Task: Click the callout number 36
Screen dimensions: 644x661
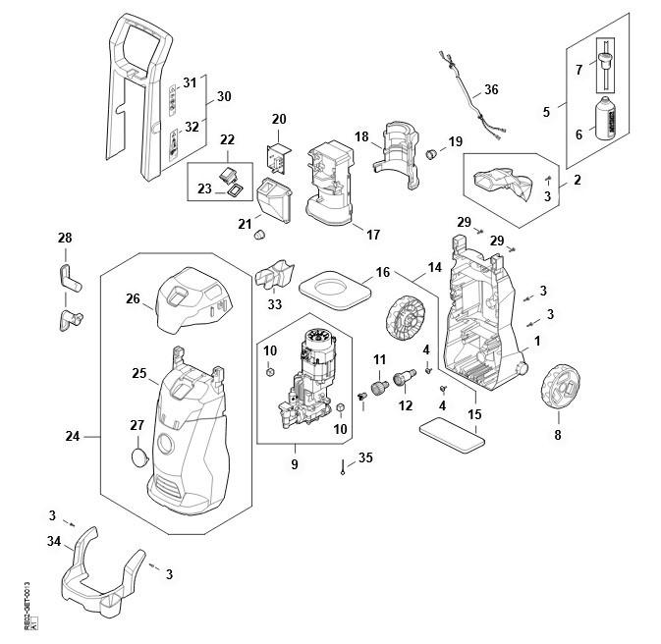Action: pos(491,89)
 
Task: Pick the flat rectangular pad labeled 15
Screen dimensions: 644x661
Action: pos(453,434)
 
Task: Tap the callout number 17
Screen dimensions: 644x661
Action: pos(372,234)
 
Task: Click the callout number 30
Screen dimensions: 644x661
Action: pos(223,96)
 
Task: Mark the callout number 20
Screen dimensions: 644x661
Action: pos(279,119)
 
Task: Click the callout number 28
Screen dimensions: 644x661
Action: pos(66,239)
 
